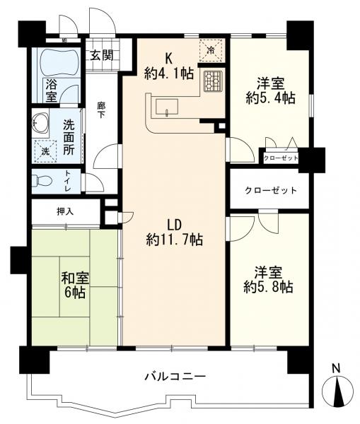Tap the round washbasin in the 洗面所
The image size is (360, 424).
pos(40,123)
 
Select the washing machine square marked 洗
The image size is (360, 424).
pos(45,151)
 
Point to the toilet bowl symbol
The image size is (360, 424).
pos(42,180)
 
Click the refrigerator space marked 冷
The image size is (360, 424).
pos(211,50)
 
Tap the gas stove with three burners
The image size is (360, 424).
pos(212,81)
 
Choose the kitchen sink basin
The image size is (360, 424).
pos(167,107)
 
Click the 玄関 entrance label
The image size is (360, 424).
pos(102,56)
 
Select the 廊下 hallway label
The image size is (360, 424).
pos(101,110)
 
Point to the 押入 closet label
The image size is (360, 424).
pos(65,211)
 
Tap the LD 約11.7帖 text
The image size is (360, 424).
pos(175,232)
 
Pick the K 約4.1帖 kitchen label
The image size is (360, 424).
pos(169,66)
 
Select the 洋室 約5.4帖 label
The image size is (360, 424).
pos(271,90)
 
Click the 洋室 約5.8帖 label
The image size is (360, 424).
pos(268,280)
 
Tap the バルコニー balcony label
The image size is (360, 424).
pos(175,377)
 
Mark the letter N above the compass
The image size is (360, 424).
pos(336,368)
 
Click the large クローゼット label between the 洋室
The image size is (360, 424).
pos(271,191)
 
